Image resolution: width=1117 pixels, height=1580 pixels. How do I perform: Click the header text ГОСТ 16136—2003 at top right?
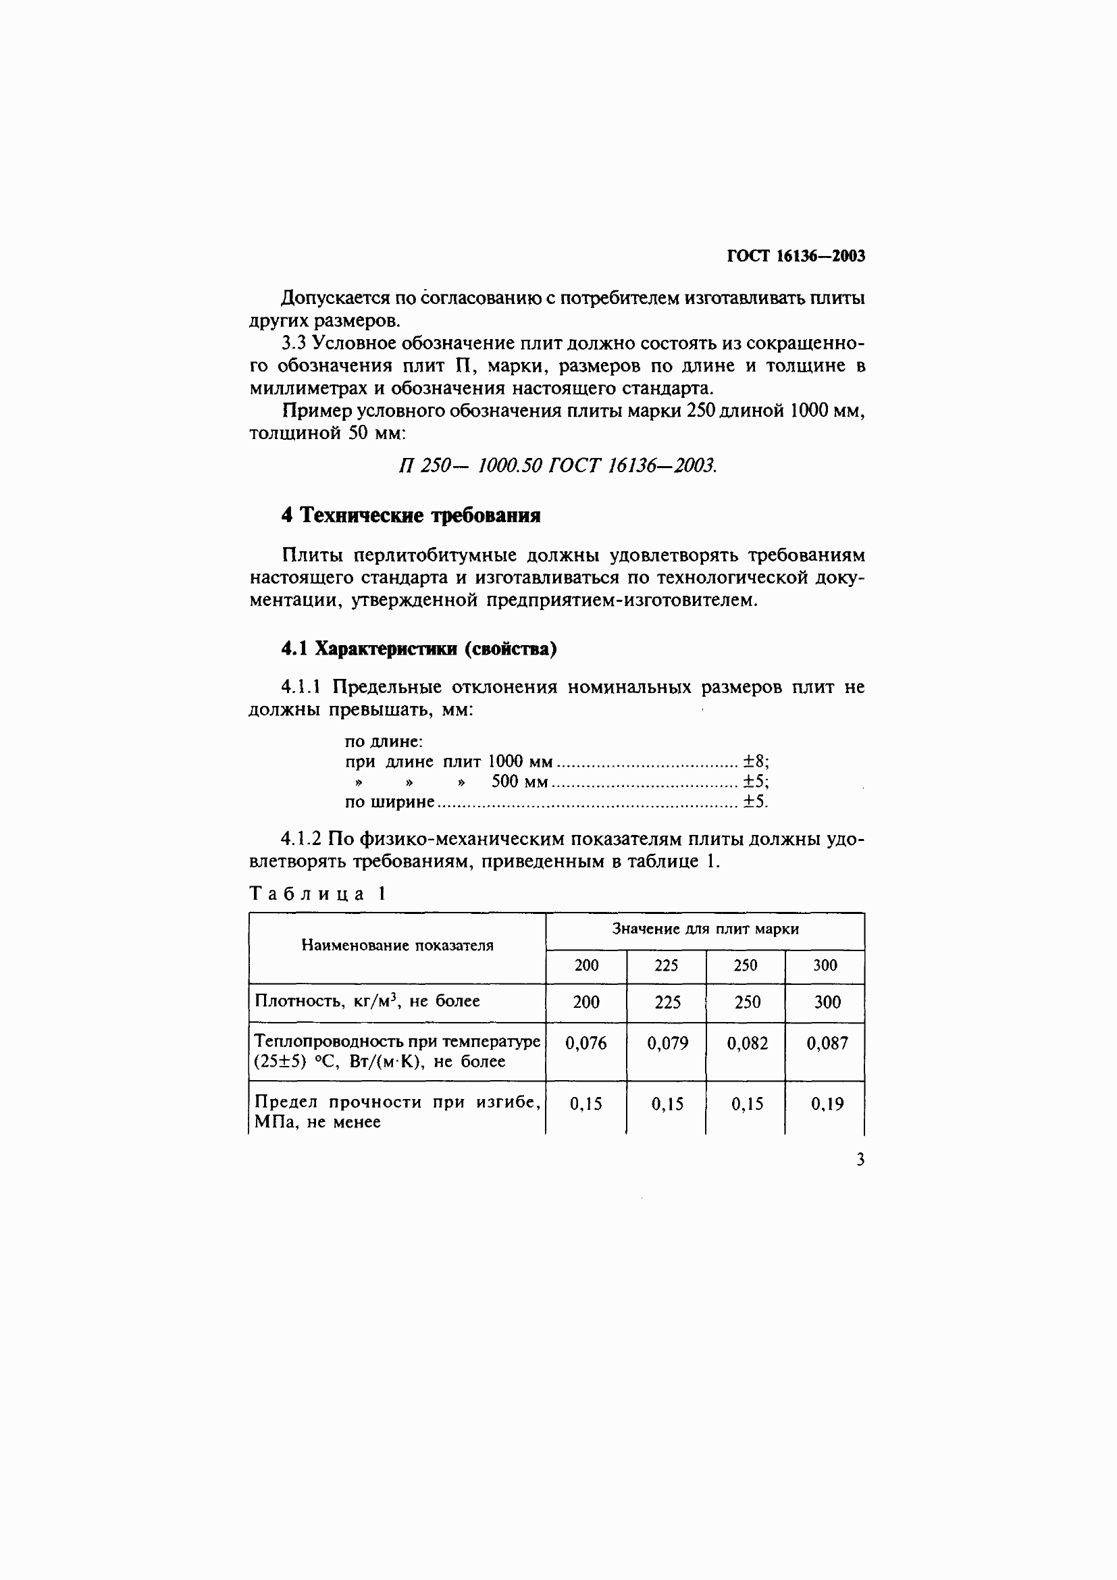click(x=795, y=256)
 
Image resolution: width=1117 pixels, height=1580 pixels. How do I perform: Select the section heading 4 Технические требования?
click(x=411, y=515)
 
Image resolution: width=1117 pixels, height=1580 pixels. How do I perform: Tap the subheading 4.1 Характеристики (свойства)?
click(x=418, y=648)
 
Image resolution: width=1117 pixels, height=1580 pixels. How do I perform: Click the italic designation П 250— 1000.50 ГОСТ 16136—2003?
click(x=557, y=466)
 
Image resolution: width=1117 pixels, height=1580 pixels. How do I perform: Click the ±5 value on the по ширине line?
click(x=754, y=802)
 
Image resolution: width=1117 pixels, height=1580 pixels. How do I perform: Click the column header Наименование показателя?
click(x=397, y=946)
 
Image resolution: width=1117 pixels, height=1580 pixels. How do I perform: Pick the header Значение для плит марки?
click(x=705, y=929)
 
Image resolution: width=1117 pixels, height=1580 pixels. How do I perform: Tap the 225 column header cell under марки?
click(x=666, y=965)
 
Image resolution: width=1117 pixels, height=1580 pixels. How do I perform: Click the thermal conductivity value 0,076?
click(x=586, y=1043)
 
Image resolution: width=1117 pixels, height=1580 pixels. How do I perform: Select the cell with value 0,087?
click(x=827, y=1043)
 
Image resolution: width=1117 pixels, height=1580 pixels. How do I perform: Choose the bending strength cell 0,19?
click(x=827, y=1104)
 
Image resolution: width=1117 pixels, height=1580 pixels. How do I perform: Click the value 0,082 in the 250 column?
click(x=747, y=1043)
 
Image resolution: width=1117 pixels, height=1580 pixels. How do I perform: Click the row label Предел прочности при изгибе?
click(x=397, y=1102)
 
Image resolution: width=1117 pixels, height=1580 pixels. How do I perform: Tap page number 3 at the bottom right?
click(x=860, y=1161)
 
